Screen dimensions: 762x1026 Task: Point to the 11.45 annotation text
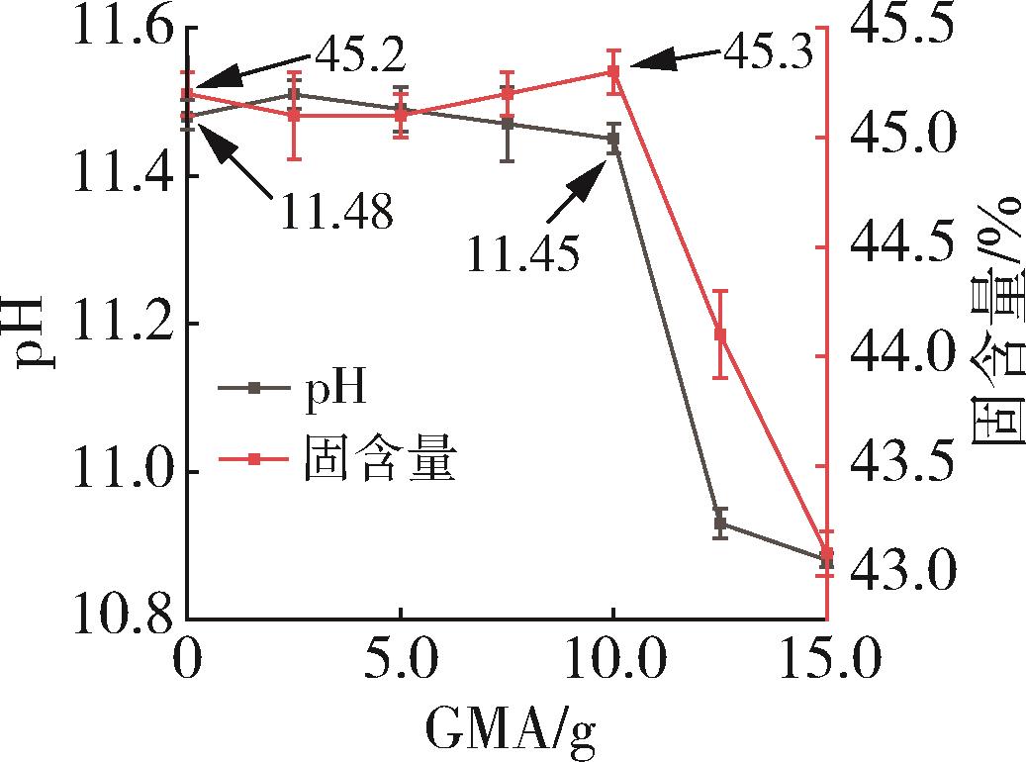point(522,255)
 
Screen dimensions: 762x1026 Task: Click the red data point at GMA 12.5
point(720,334)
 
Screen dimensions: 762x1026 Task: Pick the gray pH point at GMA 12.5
point(720,523)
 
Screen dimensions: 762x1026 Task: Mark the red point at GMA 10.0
point(613,71)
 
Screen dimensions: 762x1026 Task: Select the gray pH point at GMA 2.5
point(294,94)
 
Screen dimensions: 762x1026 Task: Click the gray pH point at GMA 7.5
point(508,124)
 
